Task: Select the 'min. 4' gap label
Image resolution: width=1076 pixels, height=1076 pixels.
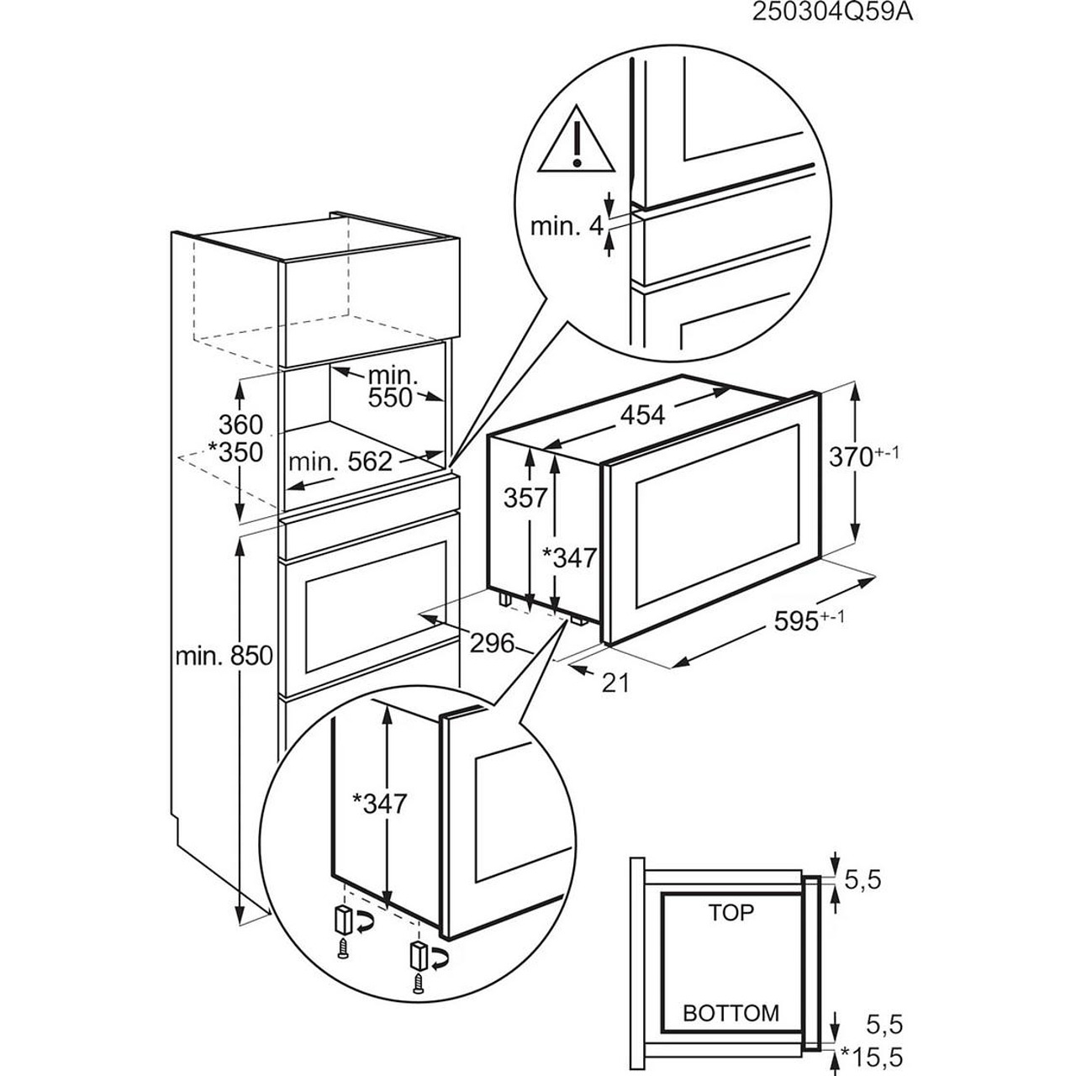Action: pyautogui.click(x=566, y=226)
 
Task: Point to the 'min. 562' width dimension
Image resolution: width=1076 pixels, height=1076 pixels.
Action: pyautogui.click(x=340, y=461)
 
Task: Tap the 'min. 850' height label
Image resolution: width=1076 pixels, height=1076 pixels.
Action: pyautogui.click(x=224, y=655)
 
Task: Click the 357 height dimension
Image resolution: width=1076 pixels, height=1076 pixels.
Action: pyautogui.click(x=526, y=498)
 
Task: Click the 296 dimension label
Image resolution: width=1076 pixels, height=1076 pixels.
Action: pyautogui.click(x=491, y=644)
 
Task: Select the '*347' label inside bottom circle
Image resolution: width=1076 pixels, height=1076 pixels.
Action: pyautogui.click(x=379, y=804)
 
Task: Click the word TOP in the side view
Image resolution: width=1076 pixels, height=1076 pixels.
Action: pyautogui.click(x=731, y=912)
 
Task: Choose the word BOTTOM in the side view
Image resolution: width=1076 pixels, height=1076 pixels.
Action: pyautogui.click(x=731, y=1013)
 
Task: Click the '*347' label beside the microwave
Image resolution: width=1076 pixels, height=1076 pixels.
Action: pyautogui.click(x=569, y=556)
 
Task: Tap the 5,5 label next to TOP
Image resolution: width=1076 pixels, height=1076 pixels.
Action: pyautogui.click(x=862, y=880)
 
